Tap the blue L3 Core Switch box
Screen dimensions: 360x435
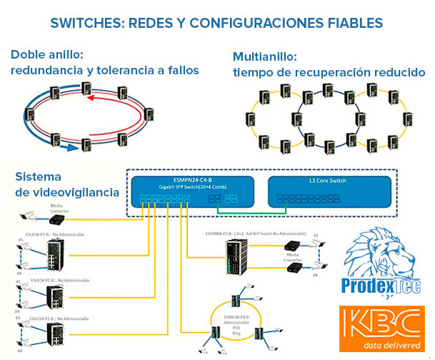[329, 192]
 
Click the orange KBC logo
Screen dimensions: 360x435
[381, 328]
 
